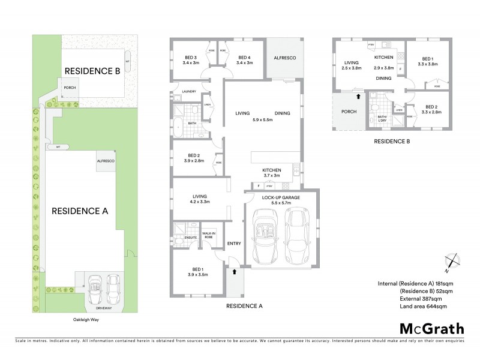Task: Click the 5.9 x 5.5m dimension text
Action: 262,120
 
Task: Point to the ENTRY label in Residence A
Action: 233,243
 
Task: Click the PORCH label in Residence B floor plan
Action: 349,111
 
